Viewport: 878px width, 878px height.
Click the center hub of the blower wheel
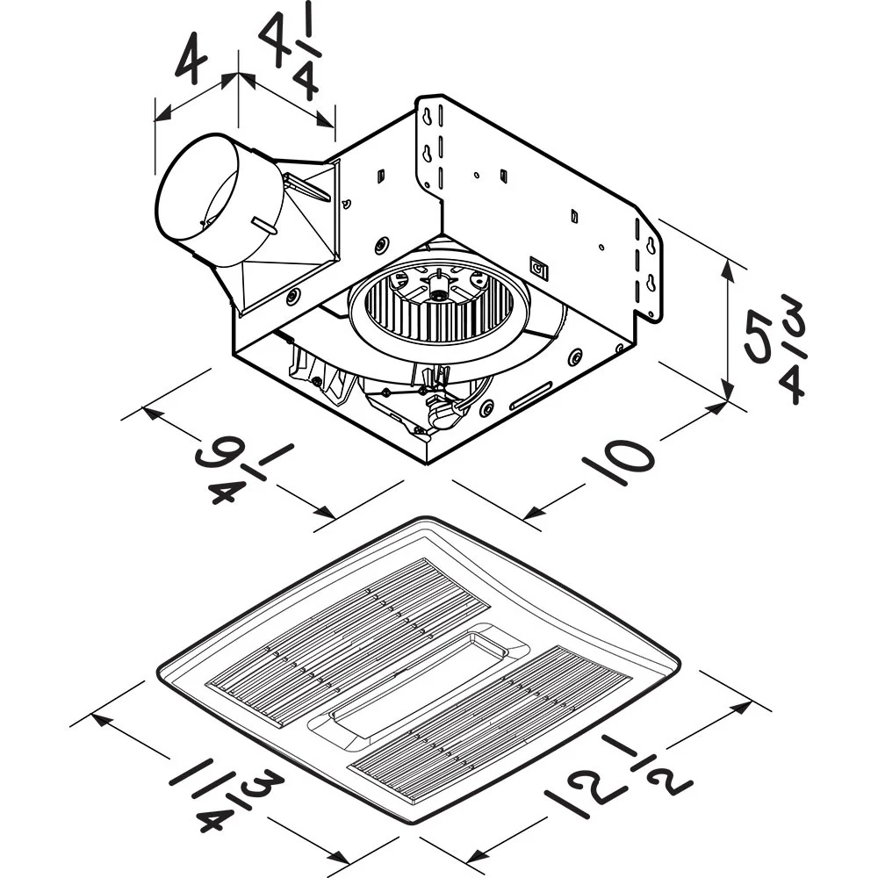[x=435, y=286]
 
